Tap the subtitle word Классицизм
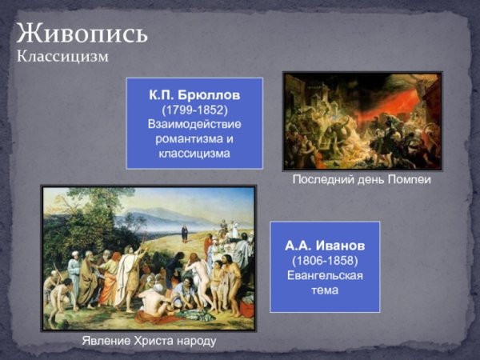[x=62, y=57]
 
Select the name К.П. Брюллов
[x=194, y=94]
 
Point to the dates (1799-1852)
[x=194, y=109]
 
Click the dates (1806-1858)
[x=325, y=261]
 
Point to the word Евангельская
[x=325, y=276]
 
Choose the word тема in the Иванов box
[x=325, y=290]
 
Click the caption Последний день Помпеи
[x=361, y=180]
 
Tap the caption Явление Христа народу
[x=149, y=342]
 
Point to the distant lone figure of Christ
[x=184, y=234]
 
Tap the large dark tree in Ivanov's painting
[x=76, y=220]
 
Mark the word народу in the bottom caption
[x=197, y=342]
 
